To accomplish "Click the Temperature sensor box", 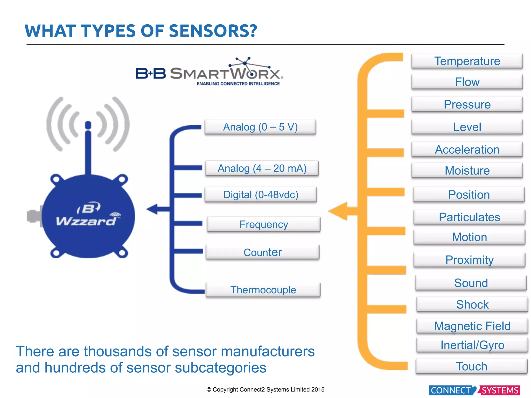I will click(467, 61).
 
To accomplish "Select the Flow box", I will click(467, 82).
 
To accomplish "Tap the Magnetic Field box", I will click(472, 326).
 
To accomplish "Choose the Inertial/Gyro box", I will click(472, 345).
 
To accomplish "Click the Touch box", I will click(471, 366).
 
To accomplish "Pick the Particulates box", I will click(469, 217).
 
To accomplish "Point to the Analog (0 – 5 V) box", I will click(260, 127).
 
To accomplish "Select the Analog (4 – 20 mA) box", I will click(262, 168).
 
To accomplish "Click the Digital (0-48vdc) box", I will click(261, 195).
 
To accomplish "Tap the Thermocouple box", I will click(263, 290).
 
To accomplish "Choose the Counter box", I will click(262, 252).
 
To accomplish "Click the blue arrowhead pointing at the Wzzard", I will click(152, 209).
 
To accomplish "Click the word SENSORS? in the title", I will click(213, 31).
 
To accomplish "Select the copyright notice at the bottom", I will click(265, 389).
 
